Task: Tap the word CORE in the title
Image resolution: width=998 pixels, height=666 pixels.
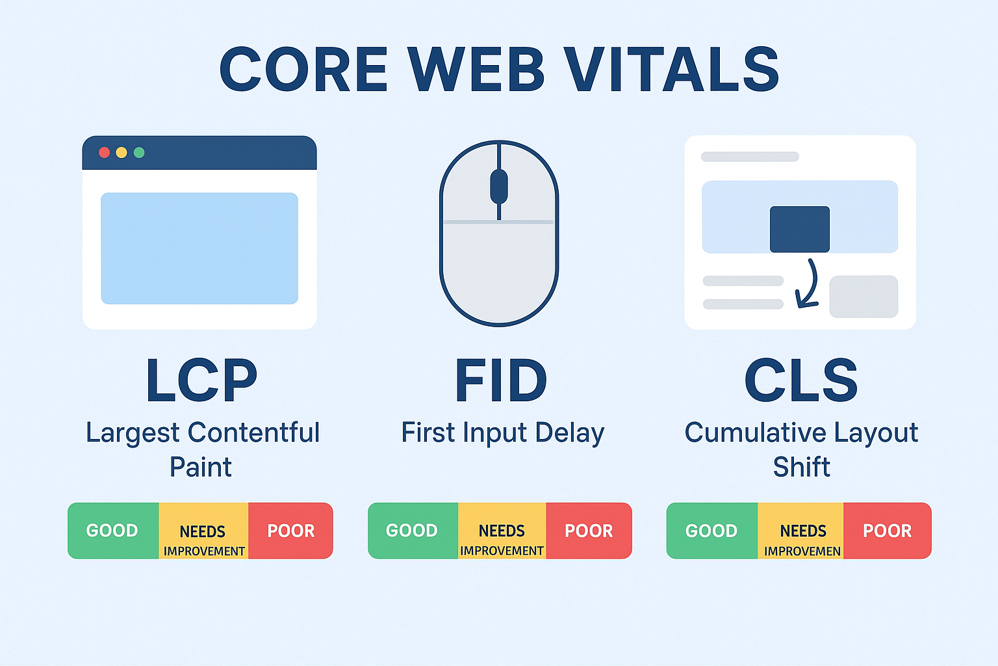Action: [304, 70]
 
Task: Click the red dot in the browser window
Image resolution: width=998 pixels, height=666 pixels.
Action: [104, 153]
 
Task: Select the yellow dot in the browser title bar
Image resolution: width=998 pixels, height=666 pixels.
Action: [122, 153]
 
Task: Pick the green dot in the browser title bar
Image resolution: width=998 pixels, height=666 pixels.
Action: [139, 153]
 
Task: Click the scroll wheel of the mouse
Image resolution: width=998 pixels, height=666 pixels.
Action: [498, 186]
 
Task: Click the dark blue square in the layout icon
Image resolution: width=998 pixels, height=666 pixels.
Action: [799, 229]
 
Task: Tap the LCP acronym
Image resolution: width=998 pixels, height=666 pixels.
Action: [201, 381]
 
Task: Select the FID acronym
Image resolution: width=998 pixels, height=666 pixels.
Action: [500, 381]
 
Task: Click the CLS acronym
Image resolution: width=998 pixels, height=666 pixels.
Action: [800, 381]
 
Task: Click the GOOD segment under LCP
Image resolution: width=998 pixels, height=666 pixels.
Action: [112, 531]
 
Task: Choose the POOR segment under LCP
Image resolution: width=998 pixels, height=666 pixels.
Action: [290, 531]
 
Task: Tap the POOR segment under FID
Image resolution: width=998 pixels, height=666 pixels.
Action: [589, 531]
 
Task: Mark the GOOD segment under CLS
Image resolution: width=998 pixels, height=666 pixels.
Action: [711, 531]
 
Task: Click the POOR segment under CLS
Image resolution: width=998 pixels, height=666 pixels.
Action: [887, 531]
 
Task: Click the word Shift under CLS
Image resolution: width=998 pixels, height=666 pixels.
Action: [801, 467]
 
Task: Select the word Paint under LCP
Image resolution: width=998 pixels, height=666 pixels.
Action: [201, 467]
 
